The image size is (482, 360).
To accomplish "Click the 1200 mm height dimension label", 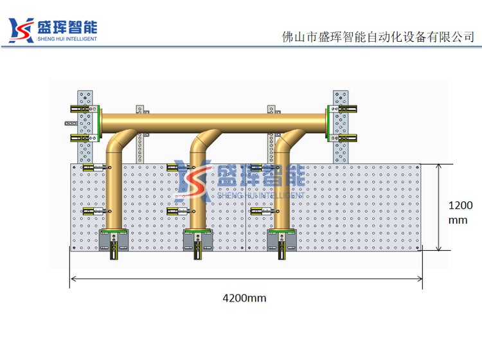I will (460, 213).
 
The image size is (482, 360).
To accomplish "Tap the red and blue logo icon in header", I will (21, 30).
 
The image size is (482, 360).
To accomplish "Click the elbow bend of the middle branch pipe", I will (202, 142).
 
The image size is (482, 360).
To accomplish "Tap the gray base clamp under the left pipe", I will (114, 241).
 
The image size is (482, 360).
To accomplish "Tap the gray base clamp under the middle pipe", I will (198, 241).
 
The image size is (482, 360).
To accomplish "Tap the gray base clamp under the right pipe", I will (281, 241).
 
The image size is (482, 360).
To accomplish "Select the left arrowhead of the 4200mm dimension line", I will (73, 278).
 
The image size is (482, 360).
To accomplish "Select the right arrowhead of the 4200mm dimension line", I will (420, 278).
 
